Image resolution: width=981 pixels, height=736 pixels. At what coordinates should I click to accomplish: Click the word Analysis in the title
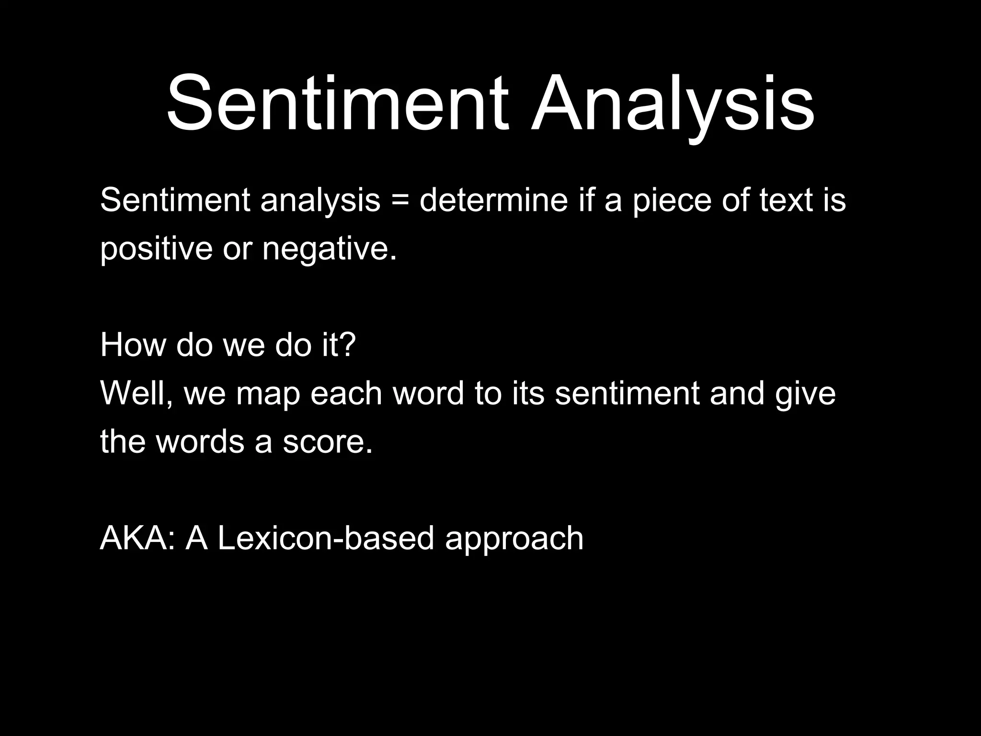pos(672,104)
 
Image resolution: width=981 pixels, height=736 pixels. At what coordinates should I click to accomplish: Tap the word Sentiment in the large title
pos(337,104)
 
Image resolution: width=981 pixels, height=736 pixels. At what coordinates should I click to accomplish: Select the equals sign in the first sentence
pos(400,200)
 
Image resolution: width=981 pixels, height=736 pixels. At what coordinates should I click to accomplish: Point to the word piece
pos(672,200)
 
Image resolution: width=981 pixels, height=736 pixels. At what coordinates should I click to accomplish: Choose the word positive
pos(156,249)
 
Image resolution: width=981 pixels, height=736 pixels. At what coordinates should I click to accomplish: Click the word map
pos(268,394)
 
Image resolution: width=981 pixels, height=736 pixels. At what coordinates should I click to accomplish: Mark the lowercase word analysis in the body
pos(320,200)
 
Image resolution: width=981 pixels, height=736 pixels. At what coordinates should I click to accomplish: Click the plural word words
pos(200,442)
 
